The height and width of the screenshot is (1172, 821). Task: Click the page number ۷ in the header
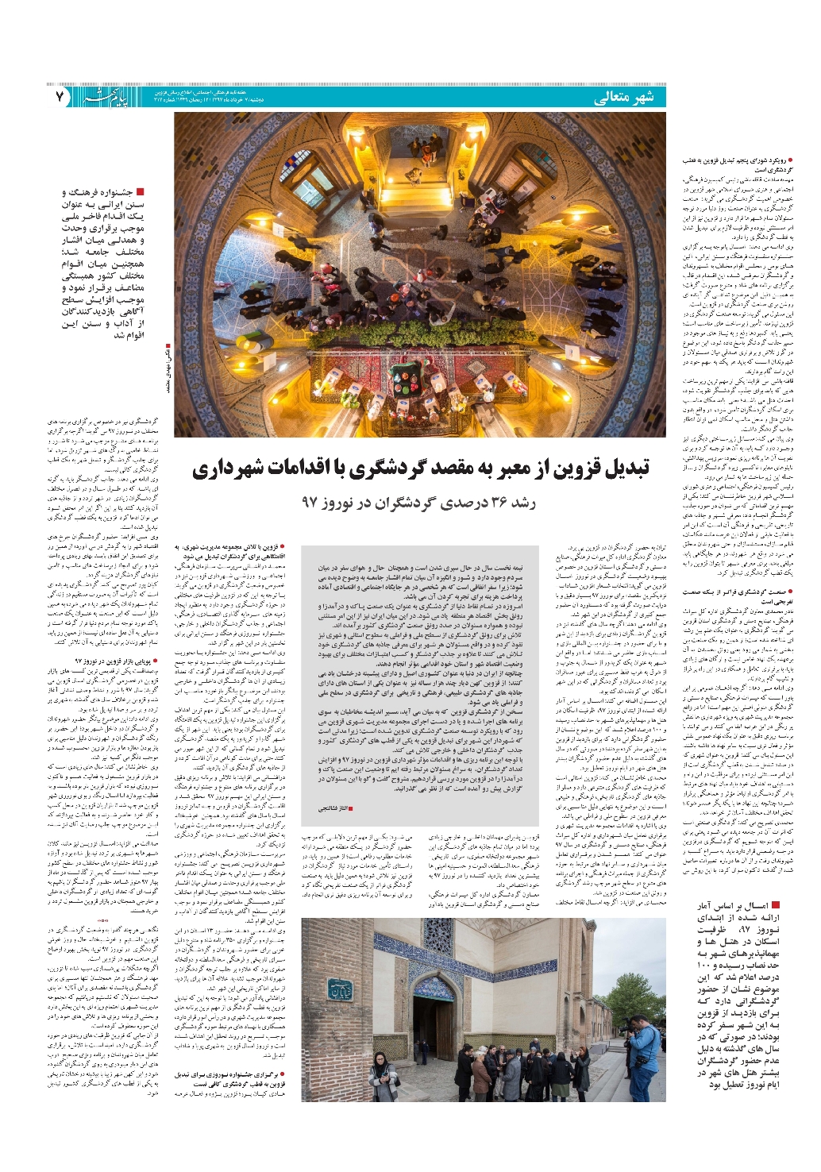click(x=60, y=96)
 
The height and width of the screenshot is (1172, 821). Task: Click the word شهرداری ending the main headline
click(x=231, y=470)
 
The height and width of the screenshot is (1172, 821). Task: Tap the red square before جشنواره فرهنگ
click(x=140, y=192)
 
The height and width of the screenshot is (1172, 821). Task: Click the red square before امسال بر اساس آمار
click(x=775, y=905)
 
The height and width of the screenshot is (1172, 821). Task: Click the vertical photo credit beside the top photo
click(x=168, y=369)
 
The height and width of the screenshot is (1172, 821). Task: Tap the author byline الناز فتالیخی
click(x=334, y=808)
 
